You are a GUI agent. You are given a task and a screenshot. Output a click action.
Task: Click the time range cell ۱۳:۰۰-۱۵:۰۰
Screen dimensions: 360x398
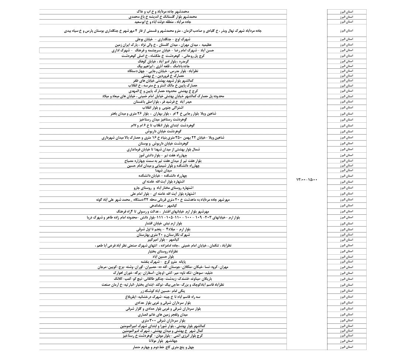pyautogui.click(x=306, y=180)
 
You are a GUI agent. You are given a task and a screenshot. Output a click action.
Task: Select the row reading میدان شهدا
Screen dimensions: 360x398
pyautogui.click(x=162, y=170)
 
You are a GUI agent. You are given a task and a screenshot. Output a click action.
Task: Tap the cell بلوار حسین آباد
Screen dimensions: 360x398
pyautogui.click(x=162, y=256)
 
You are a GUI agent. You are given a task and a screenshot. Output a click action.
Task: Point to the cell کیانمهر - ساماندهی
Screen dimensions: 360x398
pyautogui.click(x=162, y=205)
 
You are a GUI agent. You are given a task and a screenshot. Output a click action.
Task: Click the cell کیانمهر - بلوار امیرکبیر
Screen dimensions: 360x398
pyautogui.click(x=162, y=240)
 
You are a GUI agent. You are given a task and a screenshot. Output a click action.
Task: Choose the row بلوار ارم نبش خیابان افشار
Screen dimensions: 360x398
pyautogui.click(x=162, y=224)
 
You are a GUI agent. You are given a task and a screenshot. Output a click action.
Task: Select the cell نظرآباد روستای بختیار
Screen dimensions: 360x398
pyautogui.click(x=162, y=251)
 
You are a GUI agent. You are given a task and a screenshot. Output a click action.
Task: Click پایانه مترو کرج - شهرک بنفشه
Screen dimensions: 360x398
pyautogui.click(x=162, y=261)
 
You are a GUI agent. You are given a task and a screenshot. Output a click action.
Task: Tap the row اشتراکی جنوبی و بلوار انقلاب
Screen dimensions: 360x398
pyautogui.click(x=162, y=108)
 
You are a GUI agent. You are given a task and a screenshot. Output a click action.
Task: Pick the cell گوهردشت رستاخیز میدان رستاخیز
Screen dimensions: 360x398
pyautogui.click(x=162, y=120)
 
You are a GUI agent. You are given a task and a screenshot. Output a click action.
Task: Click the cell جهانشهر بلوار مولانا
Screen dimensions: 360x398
pyautogui.click(x=162, y=341)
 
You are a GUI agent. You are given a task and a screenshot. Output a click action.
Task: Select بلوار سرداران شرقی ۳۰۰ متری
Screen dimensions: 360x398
pyautogui.click(x=162, y=320)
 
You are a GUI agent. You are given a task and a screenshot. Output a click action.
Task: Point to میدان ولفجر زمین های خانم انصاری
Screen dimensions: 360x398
pyautogui.click(x=162, y=315)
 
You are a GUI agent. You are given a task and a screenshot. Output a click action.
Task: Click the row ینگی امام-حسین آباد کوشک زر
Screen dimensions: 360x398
pyautogui.click(x=162, y=291)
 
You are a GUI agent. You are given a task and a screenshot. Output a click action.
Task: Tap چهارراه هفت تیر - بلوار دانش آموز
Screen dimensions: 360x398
pyautogui.click(x=162, y=156)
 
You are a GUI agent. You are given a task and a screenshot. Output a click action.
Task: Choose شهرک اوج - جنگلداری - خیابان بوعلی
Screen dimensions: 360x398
pyautogui.click(x=162, y=39)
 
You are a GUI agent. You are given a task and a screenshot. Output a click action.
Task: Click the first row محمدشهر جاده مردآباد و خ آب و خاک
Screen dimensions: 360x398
pyautogui.click(x=162, y=12)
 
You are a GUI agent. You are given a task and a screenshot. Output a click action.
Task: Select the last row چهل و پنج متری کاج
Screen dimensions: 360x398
pyautogui.click(x=162, y=347)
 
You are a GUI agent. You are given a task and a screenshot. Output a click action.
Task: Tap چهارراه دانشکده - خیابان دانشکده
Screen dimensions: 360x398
pyautogui.click(x=162, y=176)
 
